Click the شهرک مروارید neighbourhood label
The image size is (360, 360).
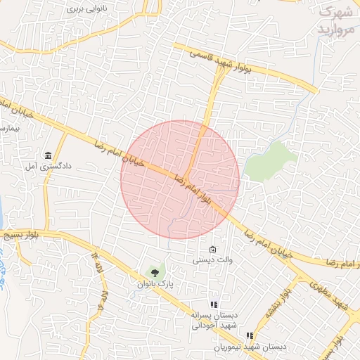click(335, 21)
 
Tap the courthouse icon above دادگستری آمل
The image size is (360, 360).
click(48, 155)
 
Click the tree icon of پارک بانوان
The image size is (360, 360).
click(155, 272)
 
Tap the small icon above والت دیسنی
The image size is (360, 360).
click(212, 248)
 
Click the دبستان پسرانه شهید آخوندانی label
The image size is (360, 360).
click(214, 321)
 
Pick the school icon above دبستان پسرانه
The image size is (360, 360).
click(214, 304)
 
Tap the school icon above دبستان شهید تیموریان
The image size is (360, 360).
click(250, 335)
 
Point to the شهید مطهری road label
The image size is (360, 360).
click(334, 295)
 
